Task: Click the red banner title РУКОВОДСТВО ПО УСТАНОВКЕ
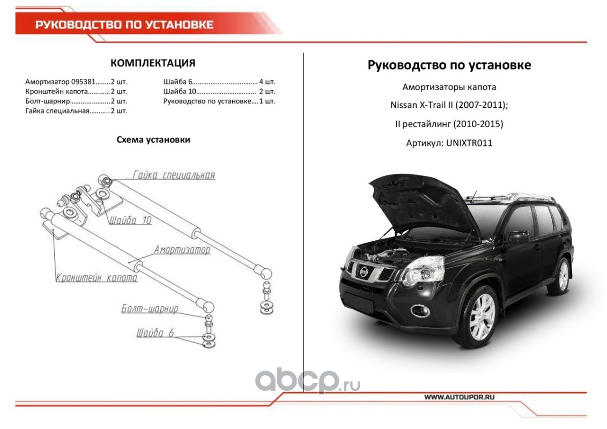124,25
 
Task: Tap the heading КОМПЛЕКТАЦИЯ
153,63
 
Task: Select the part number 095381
83,82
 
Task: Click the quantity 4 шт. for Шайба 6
267,82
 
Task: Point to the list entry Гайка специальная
57,111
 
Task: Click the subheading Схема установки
153,139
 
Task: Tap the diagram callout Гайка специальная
174,175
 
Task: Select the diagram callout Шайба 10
130,220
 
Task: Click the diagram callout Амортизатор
182,250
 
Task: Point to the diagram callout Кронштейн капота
97,278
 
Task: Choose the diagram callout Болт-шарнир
150,308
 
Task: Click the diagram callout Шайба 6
155,333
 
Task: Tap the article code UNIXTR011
469,143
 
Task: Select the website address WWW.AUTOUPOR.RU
459,397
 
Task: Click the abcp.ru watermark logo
308,381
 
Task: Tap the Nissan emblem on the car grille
364,272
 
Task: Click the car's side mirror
519,236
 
